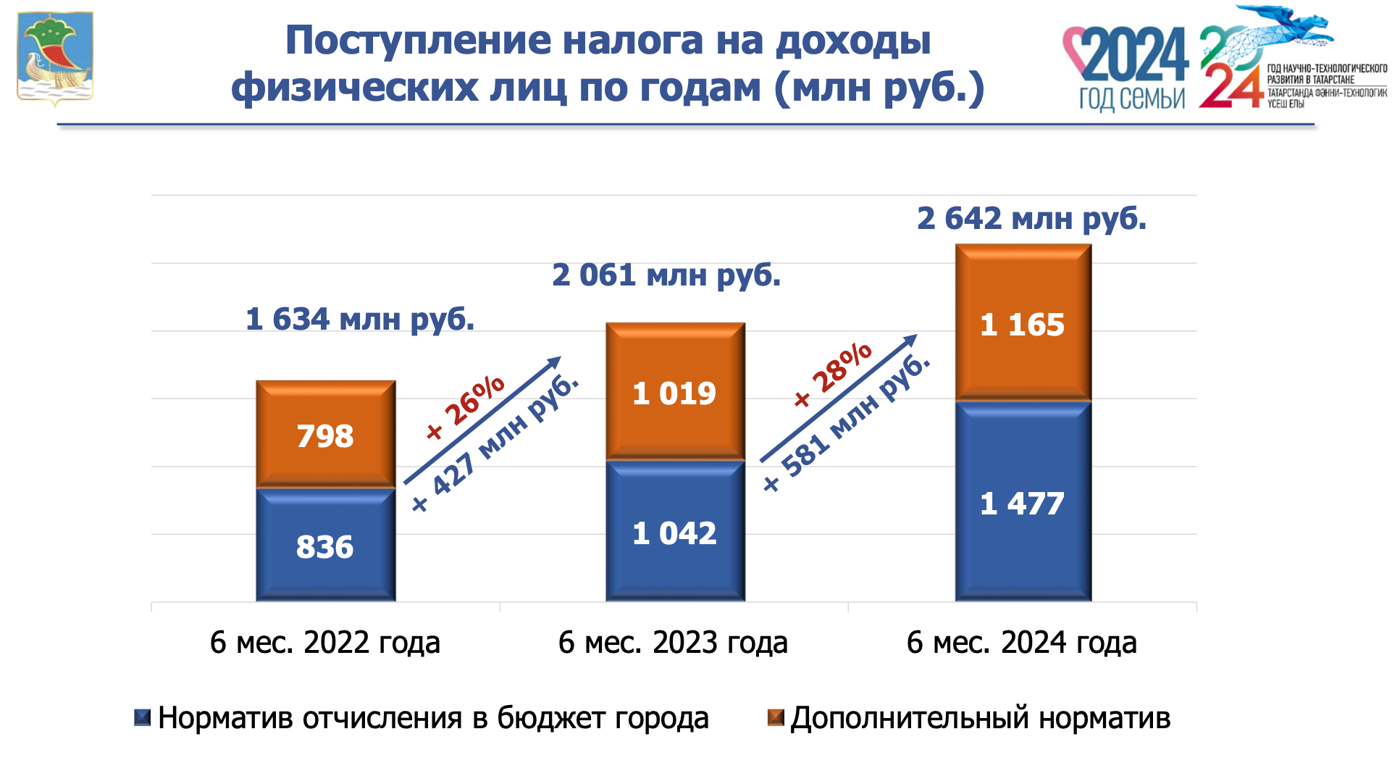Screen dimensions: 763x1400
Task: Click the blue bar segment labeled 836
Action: pyautogui.click(x=325, y=545)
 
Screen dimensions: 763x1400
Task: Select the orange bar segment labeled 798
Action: pyautogui.click(x=325, y=435)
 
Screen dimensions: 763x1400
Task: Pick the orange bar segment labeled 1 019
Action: pyautogui.click(x=675, y=392)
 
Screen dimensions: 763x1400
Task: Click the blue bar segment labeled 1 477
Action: pyautogui.click(x=1023, y=501)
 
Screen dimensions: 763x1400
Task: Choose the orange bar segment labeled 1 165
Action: pyautogui.click(x=1023, y=323)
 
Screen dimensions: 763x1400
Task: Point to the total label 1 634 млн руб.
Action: pyautogui.click(x=360, y=319)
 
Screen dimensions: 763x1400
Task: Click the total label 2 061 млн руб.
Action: pyautogui.click(x=666, y=275)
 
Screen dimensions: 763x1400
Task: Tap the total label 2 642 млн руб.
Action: pyautogui.click(x=1031, y=218)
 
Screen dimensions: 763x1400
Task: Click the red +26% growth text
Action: pyautogui.click(x=466, y=407)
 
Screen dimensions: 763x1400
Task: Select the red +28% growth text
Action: pyautogui.click(x=833, y=375)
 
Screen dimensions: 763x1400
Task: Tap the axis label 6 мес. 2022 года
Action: pyautogui.click(x=325, y=643)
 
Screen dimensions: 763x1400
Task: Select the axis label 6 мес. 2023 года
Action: pyautogui.click(x=673, y=643)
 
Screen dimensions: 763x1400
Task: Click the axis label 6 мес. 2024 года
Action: pyautogui.click(x=1021, y=643)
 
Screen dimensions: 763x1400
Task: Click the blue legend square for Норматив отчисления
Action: pyautogui.click(x=143, y=718)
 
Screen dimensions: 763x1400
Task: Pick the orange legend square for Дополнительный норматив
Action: pyautogui.click(x=776, y=718)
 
